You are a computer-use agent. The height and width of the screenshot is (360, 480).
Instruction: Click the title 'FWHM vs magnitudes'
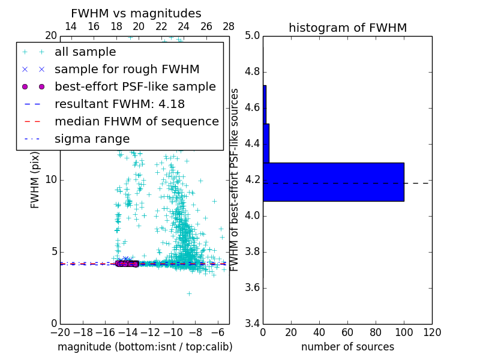[x=136, y=13]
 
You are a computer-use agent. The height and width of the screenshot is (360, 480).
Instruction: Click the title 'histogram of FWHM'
[x=347, y=28]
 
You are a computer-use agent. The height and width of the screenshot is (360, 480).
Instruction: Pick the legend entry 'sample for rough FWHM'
[x=127, y=69]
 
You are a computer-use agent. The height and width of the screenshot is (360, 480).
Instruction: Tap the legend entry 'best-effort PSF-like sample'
[x=135, y=86]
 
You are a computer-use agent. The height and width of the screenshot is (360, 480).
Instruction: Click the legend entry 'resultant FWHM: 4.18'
[x=119, y=104]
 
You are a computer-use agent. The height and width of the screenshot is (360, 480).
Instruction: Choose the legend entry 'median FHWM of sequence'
[x=136, y=121]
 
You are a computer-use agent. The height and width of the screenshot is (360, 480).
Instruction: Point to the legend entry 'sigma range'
[x=92, y=139]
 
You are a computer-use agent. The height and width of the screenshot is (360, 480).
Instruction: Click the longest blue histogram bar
[x=333, y=182]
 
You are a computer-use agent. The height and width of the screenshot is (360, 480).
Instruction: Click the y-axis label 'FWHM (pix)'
[x=35, y=180]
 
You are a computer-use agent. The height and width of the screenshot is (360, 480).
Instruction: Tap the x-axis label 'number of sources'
[x=347, y=347]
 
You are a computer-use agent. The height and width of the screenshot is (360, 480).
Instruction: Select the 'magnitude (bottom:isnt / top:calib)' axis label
[x=145, y=347]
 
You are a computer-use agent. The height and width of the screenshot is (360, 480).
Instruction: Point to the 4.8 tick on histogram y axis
[x=252, y=72]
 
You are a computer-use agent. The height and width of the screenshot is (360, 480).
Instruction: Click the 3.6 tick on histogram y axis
[x=252, y=287]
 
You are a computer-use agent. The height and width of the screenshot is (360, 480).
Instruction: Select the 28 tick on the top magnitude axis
[x=229, y=26]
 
